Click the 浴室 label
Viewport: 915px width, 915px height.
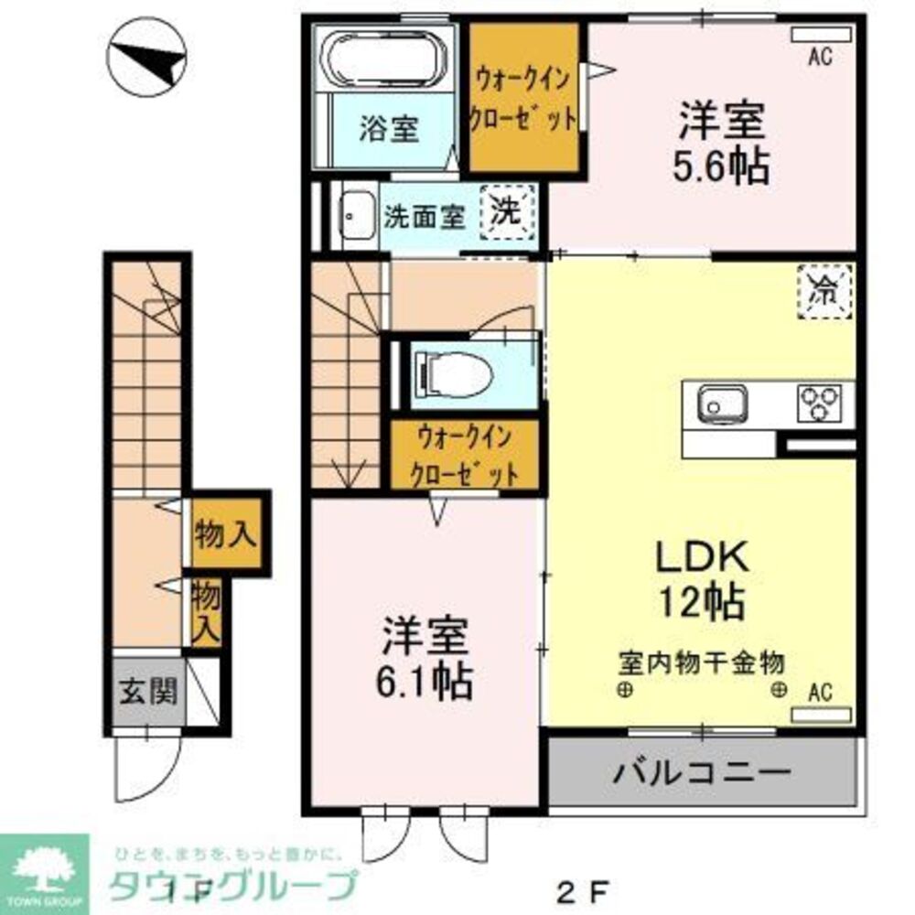(x=389, y=129)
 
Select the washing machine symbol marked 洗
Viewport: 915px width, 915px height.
(x=506, y=212)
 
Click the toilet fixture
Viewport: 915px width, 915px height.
(x=453, y=373)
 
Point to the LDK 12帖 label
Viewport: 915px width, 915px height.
(x=701, y=578)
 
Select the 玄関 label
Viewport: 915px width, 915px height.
(x=145, y=692)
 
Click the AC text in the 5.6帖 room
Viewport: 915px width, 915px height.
(x=819, y=58)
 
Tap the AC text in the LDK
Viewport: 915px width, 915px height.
(x=819, y=693)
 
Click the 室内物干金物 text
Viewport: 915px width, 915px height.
(x=701, y=660)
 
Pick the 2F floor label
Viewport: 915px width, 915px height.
(x=583, y=888)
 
